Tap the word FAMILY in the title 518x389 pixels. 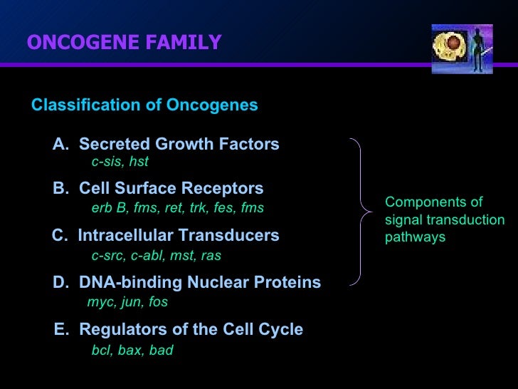point(186,43)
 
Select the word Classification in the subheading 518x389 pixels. point(75,105)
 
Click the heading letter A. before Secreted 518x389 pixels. point(61,145)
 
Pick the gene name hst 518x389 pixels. point(139,162)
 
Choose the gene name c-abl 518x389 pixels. point(147,255)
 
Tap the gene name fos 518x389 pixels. point(158,302)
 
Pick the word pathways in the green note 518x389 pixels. point(415,237)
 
